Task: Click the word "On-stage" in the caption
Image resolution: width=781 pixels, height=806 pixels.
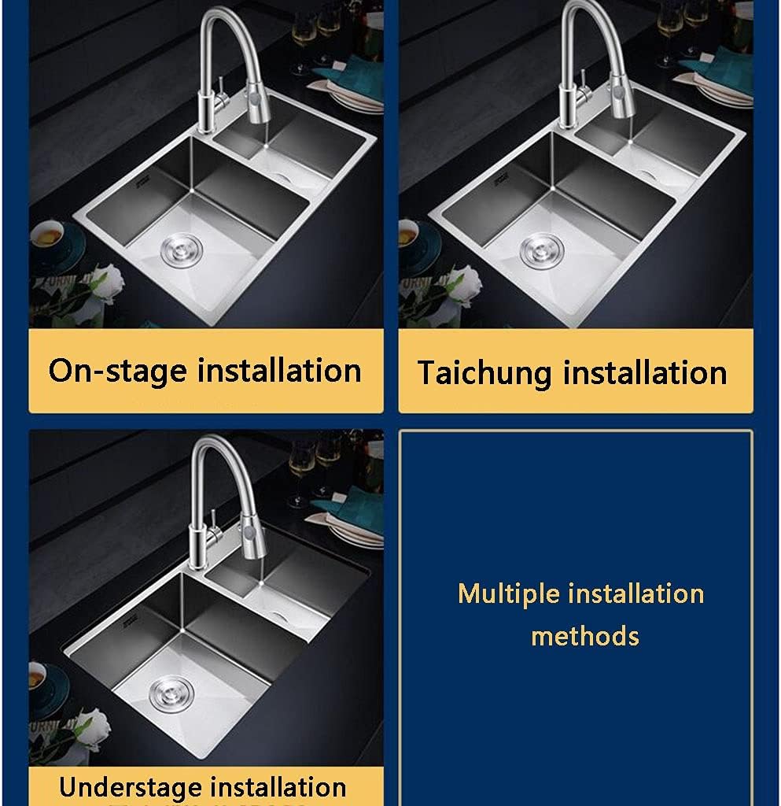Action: click(117, 371)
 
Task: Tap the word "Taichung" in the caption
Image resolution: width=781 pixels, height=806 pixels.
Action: click(485, 373)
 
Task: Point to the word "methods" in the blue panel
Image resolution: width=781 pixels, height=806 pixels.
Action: click(584, 635)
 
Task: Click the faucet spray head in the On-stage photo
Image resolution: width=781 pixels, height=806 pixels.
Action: click(260, 105)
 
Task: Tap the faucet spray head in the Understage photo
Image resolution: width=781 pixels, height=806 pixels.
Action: click(250, 543)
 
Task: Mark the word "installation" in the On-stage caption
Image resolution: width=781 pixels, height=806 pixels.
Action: click(279, 371)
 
